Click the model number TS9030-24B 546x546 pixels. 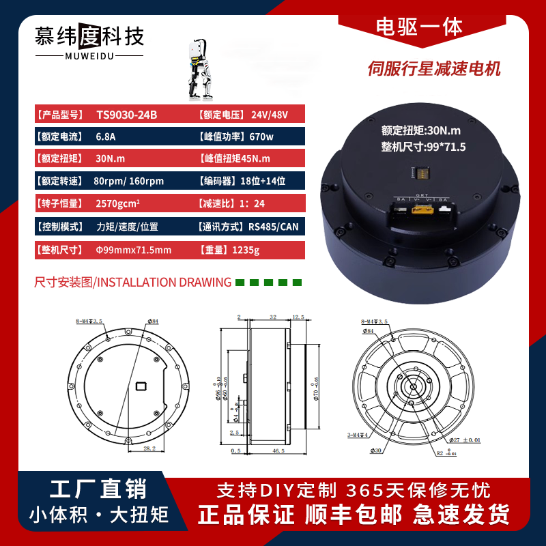pos(126,115)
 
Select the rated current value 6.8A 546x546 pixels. pos(106,136)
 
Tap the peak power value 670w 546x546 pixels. pos(261,136)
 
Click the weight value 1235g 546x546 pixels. pos(246,250)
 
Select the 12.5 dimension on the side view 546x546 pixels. pos(298,317)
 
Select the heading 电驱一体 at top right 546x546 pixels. pos(419,27)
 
